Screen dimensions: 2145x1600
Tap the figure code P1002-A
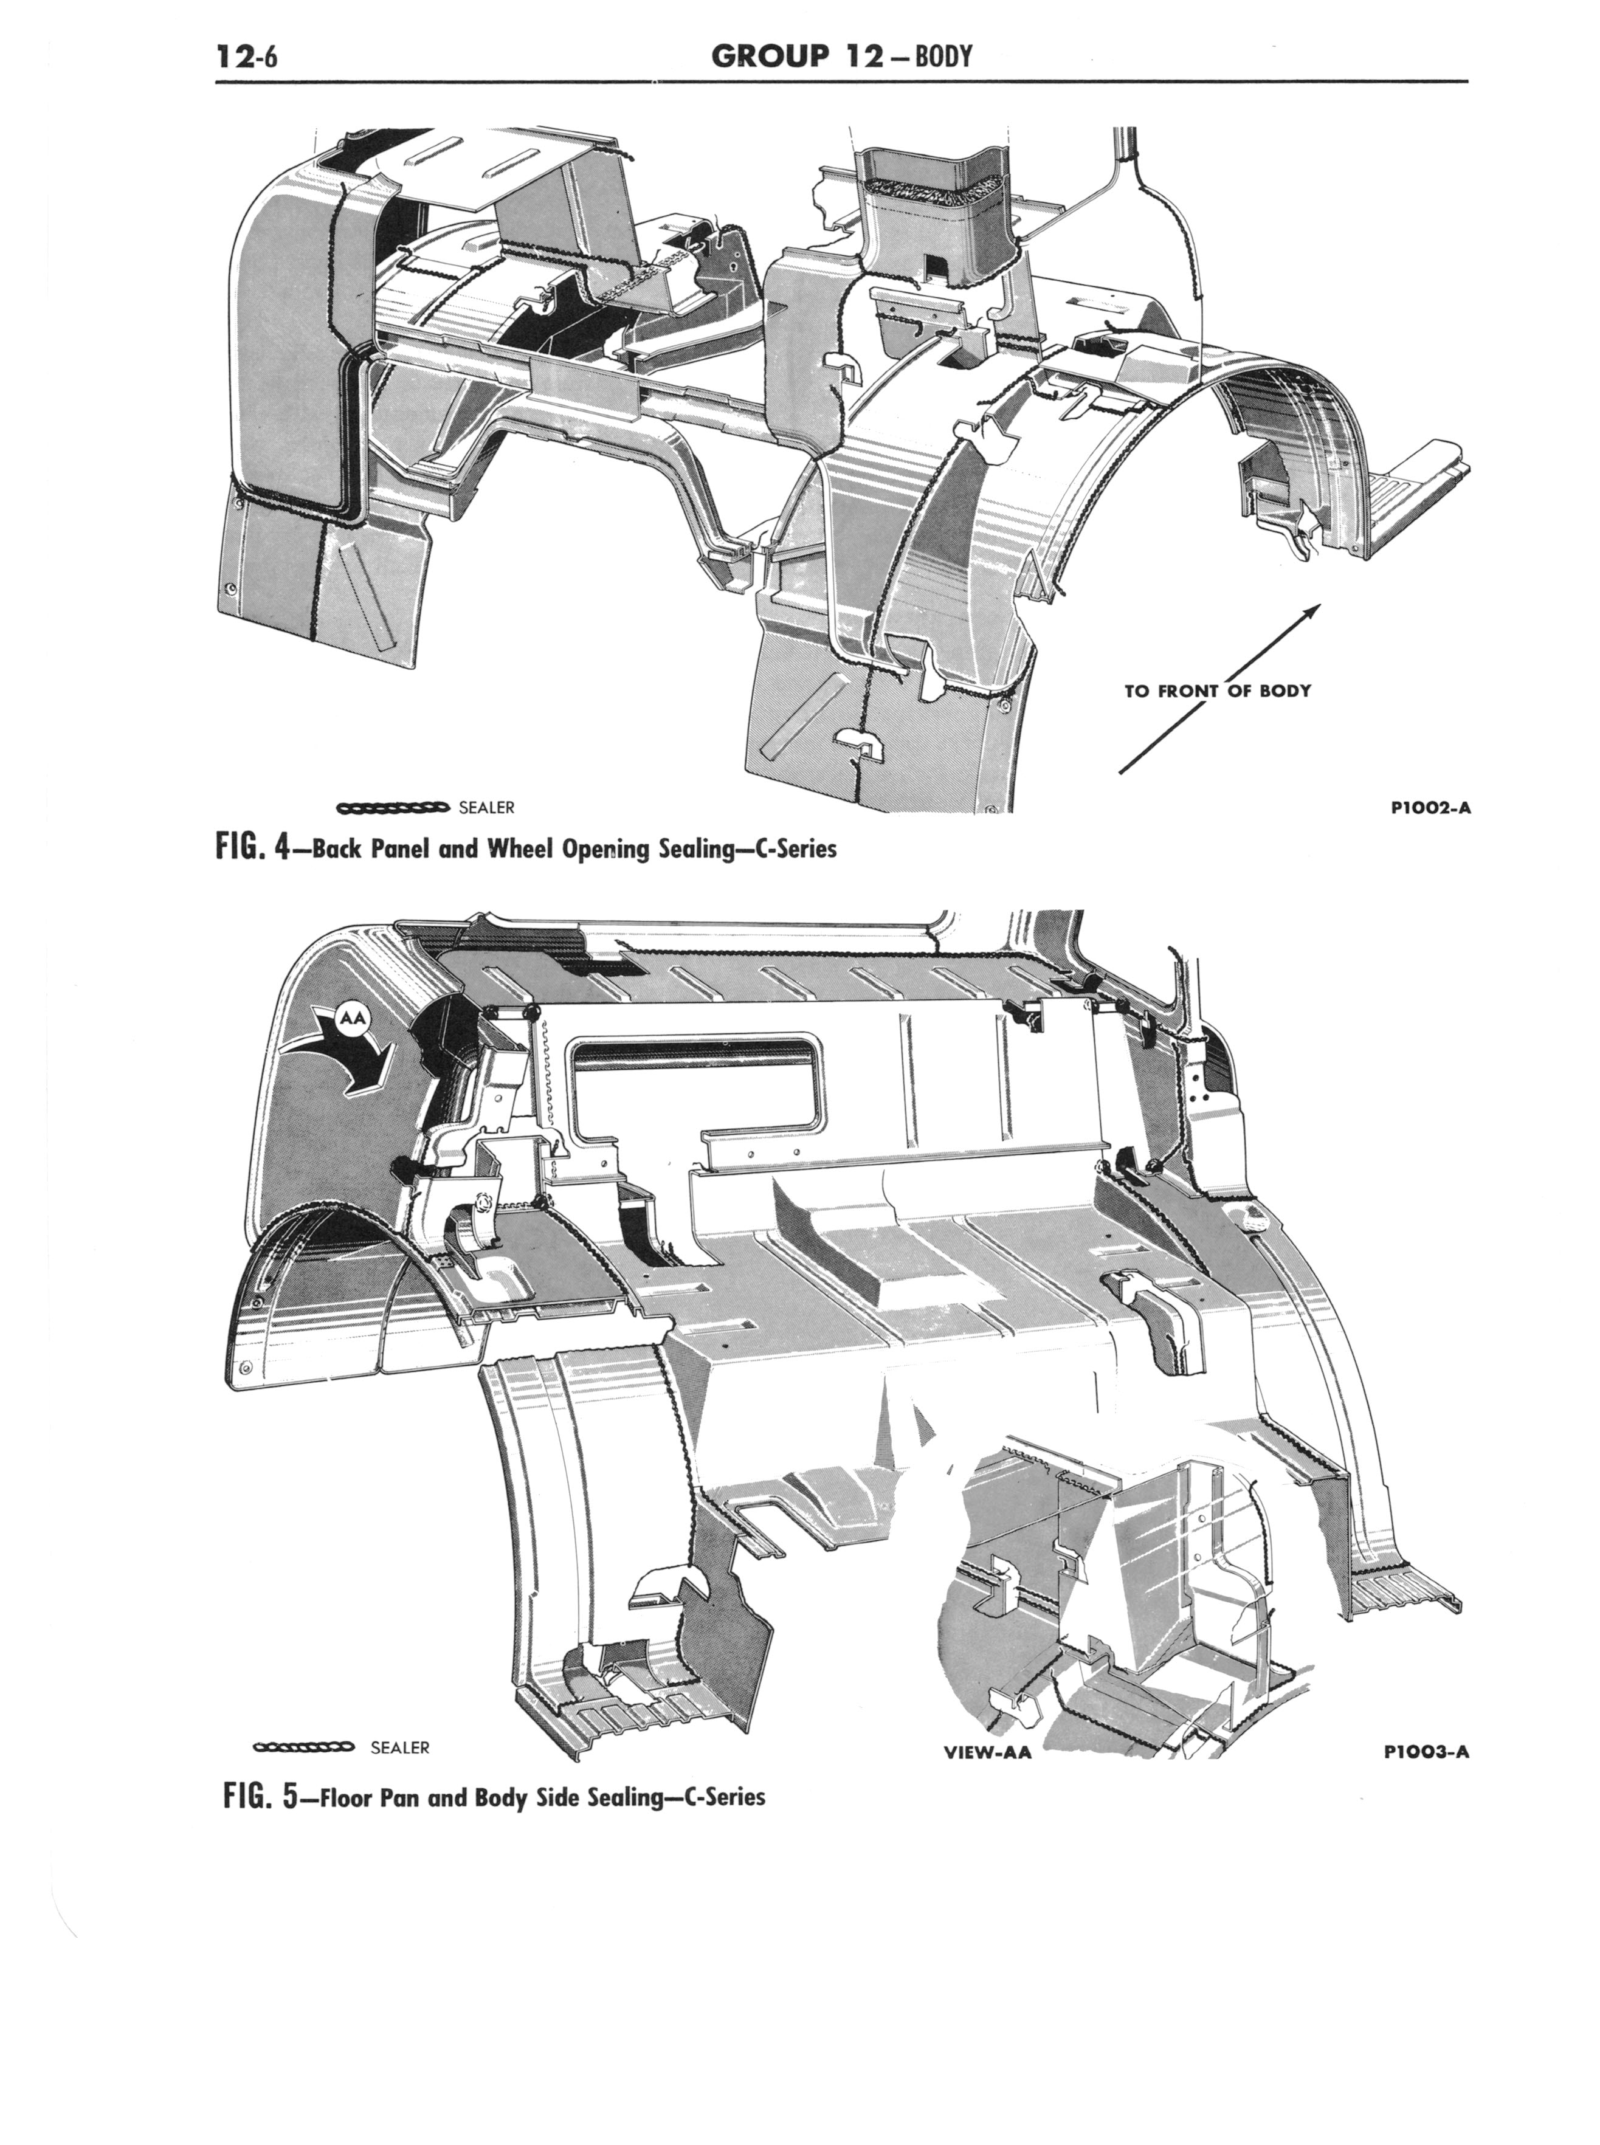point(1427,807)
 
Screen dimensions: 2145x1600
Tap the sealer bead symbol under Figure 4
point(392,807)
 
